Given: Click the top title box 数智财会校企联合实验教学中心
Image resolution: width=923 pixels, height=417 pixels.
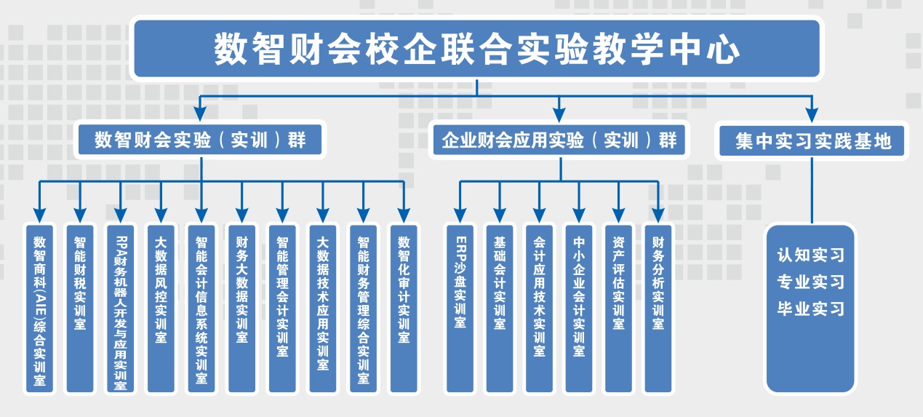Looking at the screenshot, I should [476, 49].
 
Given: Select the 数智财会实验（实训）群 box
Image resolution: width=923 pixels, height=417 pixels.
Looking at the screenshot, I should [200, 140].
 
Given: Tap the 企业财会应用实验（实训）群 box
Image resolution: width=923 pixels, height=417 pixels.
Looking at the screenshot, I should [559, 140].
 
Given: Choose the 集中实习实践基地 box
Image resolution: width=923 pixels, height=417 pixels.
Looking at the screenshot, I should [812, 140].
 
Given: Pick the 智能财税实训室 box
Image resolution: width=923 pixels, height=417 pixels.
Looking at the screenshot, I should [80, 309].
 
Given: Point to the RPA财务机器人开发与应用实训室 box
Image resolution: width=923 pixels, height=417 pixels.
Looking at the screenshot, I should [121, 309].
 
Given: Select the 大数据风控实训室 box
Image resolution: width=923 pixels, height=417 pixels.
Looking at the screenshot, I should [161, 309].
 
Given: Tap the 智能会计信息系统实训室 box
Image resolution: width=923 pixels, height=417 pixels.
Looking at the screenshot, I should [201, 309].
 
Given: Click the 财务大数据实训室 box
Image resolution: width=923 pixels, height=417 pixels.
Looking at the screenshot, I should [241, 309].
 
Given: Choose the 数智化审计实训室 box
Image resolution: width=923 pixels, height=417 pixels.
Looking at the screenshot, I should [403, 309].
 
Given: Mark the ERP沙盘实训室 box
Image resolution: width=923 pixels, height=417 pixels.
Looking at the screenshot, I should [460, 309].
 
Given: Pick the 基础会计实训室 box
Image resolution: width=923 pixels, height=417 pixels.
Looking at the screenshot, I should [500, 309].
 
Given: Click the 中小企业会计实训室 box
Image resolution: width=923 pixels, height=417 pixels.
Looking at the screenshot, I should [579, 309].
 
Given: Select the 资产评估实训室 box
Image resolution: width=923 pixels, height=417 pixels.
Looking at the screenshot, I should [618, 309].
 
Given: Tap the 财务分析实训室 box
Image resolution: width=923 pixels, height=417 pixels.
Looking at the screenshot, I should [658, 309].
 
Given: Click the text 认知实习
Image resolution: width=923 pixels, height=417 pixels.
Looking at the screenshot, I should [811, 255].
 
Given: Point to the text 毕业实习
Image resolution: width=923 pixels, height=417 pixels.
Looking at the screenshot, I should [811, 309].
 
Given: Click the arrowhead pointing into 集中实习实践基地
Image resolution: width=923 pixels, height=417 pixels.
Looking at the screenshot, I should [812, 114].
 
